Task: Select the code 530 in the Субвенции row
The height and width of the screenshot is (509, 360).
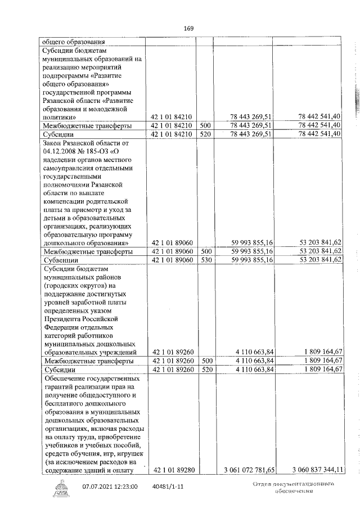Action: point(205,260)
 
